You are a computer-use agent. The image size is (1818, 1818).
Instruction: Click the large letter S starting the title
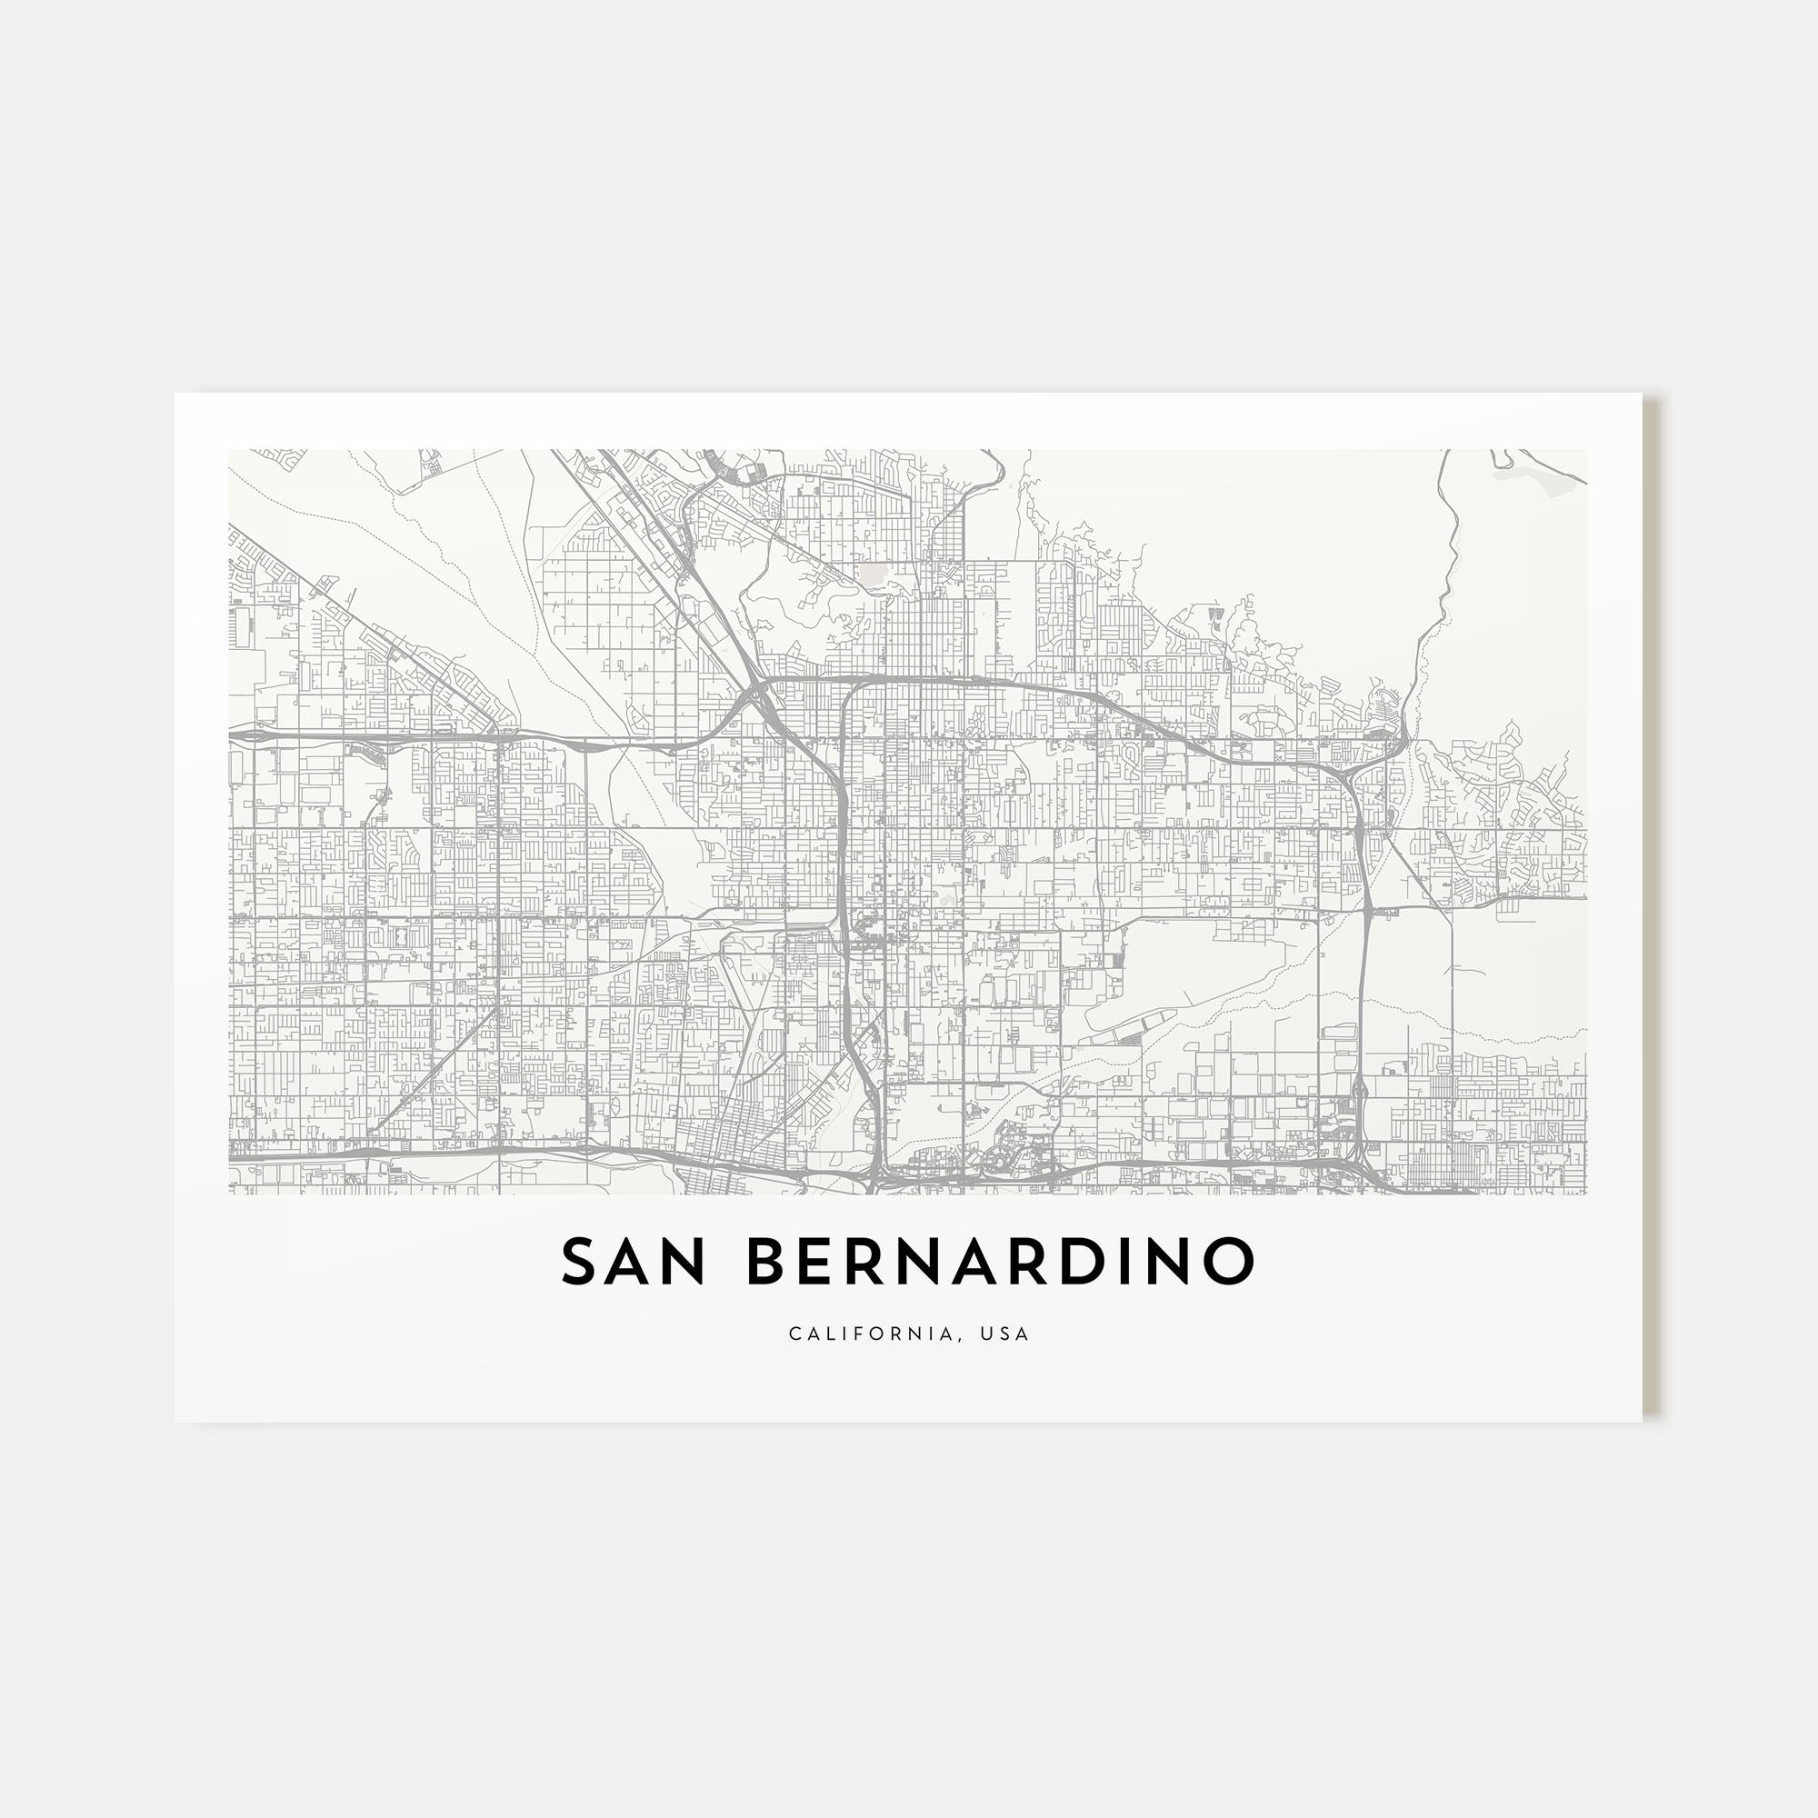(x=581, y=1261)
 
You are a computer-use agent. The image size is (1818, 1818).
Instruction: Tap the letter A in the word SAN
(x=630, y=1261)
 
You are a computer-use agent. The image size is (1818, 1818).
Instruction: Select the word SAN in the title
(x=633, y=1261)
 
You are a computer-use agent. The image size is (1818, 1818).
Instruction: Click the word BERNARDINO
(x=1001, y=1261)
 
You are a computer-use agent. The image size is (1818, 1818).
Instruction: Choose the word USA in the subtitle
(x=1005, y=1334)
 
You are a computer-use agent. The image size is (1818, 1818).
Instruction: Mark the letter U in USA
(x=985, y=1334)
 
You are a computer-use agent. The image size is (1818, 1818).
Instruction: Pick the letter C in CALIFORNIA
(x=795, y=1334)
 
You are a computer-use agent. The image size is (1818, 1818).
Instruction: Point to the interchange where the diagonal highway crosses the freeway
(x=758, y=697)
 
